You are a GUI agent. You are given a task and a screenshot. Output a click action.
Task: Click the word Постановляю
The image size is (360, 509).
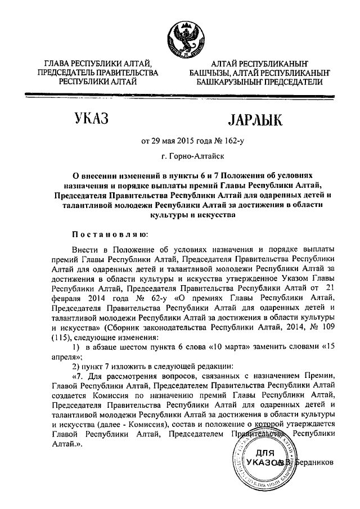coord(110,233)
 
